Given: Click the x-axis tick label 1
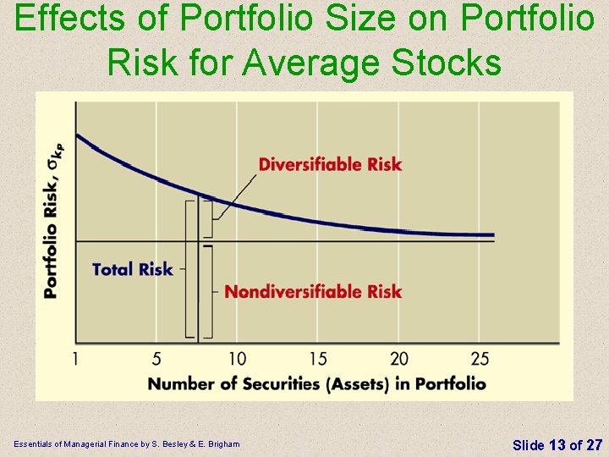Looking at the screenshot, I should coord(76,359).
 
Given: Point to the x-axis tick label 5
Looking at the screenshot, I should coord(156,359).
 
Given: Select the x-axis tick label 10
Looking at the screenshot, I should coord(237,359).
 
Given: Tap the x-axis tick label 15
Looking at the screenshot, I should coord(318,359).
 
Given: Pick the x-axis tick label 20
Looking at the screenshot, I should coord(398,359).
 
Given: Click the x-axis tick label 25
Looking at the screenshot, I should coord(479,359).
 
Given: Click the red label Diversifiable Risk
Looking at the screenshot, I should coord(330,164).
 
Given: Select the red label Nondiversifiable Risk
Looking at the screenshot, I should coord(313,292).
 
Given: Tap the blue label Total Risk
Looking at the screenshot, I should coord(132,269).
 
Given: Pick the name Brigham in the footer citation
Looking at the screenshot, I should coord(222,444).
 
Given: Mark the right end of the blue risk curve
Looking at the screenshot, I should coord(492,235).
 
